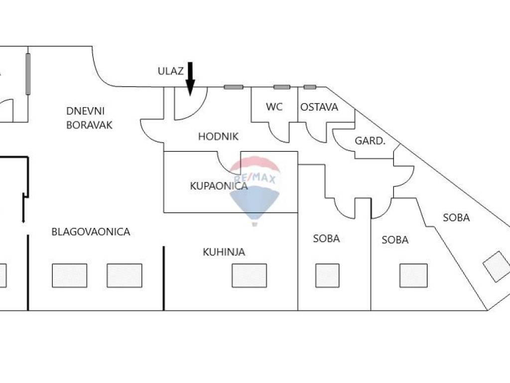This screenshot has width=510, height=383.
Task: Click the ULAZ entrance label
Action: coord(171,71)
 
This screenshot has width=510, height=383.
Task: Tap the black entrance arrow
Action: coord(190,79)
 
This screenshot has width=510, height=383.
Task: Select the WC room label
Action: coord(274,107)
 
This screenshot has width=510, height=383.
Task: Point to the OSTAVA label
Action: coord(319,107)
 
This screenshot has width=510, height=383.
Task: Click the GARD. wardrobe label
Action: coord(370,141)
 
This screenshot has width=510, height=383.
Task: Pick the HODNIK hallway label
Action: coord(219,136)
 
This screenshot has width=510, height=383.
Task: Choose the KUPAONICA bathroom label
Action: coord(219,186)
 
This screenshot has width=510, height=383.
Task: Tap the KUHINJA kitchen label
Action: coord(224,252)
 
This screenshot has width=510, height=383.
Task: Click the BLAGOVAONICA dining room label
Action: coord(91,232)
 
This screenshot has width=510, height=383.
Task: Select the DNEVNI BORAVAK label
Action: coord(89,118)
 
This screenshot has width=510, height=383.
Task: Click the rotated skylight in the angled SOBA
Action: coord(497,267)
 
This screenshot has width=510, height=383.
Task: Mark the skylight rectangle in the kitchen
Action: coord(249,275)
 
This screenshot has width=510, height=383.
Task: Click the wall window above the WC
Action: coord(281,87)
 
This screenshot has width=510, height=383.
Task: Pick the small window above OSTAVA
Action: coord(310,87)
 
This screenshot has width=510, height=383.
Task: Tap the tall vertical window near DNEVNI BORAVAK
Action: coord(28,74)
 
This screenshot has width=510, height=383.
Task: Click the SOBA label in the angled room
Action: coord(456,217)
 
